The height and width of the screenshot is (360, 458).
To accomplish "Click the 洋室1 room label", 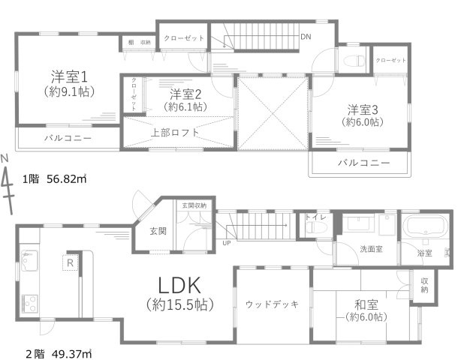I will [71, 76].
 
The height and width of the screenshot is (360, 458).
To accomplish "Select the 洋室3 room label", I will [362, 109].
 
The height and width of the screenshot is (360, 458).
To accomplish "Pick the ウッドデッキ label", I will [272, 304].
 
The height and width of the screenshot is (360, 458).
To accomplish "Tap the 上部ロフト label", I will [175, 132].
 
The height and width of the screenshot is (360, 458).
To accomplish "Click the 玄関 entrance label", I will [158, 230].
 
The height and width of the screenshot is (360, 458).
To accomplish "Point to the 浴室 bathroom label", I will [425, 253].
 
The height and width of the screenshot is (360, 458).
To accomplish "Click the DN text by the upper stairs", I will [306, 36].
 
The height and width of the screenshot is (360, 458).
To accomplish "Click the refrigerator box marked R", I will [70, 262].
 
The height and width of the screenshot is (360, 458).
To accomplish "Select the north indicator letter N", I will [5, 158].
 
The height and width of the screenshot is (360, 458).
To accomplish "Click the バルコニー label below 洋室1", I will [67, 138].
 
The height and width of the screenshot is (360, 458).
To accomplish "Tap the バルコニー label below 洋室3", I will [363, 163].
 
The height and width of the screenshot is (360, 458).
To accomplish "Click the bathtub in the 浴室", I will [424, 229].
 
